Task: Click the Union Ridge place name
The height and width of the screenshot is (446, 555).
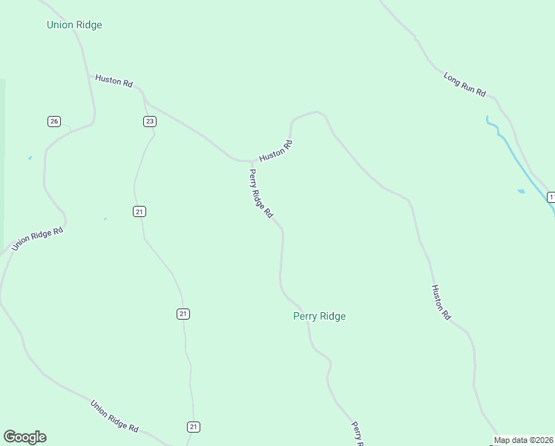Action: (x=74, y=25)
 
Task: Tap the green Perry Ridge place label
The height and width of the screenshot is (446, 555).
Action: (x=319, y=316)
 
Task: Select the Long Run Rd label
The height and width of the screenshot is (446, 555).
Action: (x=464, y=85)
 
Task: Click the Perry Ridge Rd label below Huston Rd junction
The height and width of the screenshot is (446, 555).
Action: (x=260, y=193)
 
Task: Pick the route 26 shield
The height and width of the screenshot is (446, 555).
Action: (x=53, y=121)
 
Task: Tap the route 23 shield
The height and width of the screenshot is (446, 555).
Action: (x=150, y=121)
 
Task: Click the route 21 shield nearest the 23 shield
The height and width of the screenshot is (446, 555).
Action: (x=139, y=212)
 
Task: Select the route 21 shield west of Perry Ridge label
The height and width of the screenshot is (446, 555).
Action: (x=183, y=314)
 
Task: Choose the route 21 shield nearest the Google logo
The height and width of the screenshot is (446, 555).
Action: (x=194, y=427)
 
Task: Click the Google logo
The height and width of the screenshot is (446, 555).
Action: (x=24, y=437)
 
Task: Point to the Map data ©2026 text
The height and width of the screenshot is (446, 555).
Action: (x=524, y=440)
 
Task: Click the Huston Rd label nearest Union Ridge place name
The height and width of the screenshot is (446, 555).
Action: (x=114, y=82)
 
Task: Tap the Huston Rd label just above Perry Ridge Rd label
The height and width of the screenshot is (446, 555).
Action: (x=275, y=152)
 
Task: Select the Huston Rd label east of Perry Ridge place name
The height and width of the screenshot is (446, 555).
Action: (x=441, y=302)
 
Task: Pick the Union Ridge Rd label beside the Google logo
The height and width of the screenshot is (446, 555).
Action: (x=114, y=416)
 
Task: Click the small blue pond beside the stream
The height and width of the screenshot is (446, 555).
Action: (x=521, y=192)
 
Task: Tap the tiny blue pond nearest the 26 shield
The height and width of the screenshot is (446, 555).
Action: (x=30, y=158)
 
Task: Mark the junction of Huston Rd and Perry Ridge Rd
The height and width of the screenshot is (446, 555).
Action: (x=251, y=161)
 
